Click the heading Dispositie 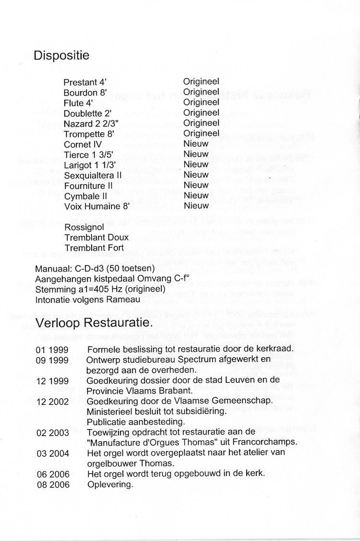pyautogui.click(x=61, y=56)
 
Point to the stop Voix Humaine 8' pyautogui.click(x=95, y=206)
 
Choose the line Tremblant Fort pyautogui.click(x=94, y=248)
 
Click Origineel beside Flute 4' pyautogui.click(x=201, y=103)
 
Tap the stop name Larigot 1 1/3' pyautogui.click(x=91, y=165)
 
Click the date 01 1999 pyautogui.click(x=52, y=350)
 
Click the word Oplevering pyautogui.click(x=110, y=484)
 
